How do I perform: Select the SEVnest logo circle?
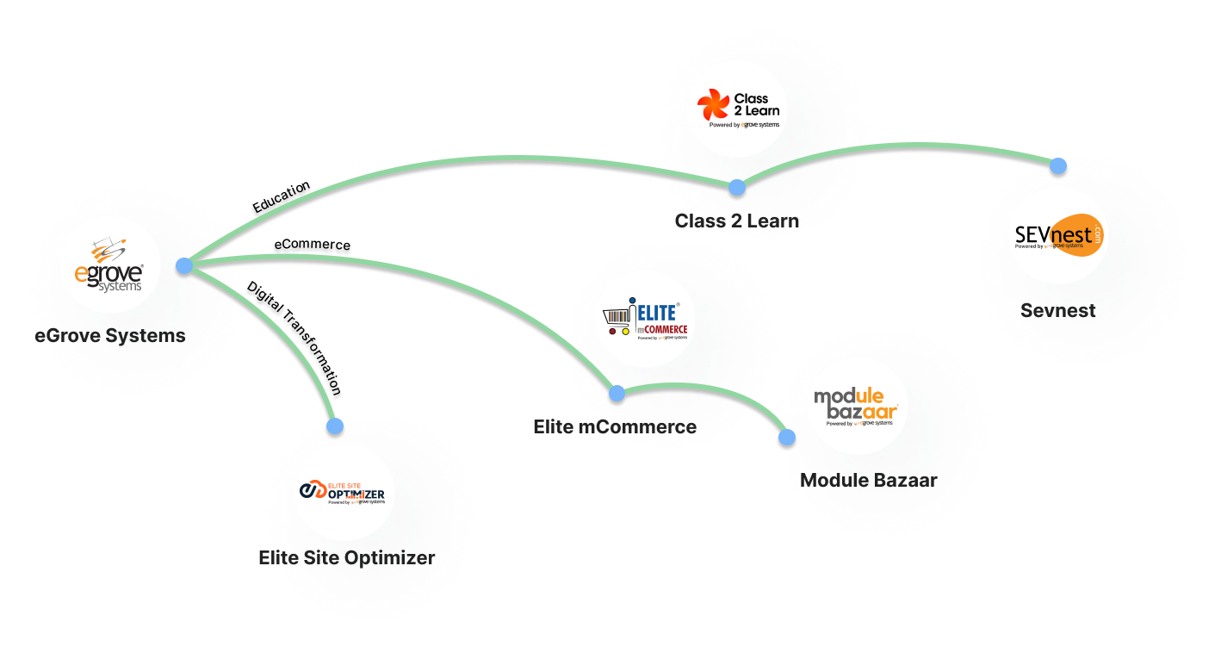1058,235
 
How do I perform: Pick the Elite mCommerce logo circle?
645,317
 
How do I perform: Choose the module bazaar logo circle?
858,405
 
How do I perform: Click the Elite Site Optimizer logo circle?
344,492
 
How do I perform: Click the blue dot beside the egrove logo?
183,265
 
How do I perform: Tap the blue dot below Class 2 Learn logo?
736,187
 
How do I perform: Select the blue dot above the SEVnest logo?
1058,165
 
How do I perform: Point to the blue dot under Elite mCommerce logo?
617,394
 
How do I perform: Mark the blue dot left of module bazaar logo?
786,438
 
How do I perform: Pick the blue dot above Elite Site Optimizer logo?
335,426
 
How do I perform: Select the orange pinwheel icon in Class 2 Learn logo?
713,107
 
